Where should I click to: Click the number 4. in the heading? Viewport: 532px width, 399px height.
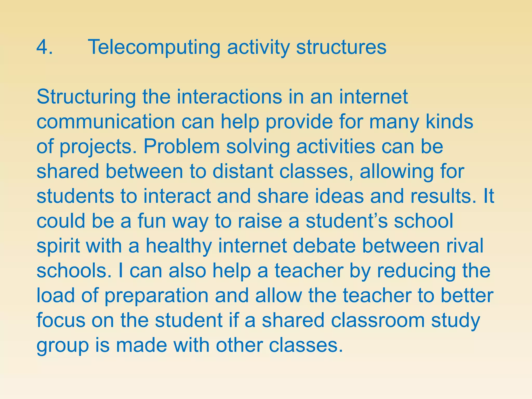pyautogui.click(x=45, y=47)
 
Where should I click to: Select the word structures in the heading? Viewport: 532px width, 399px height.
pyautogui.click(x=341, y=48)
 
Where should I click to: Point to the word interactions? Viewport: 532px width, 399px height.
pyautogui.click(x=230, y=97)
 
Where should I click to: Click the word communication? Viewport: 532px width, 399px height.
pyautogui.click(x=106, y=122)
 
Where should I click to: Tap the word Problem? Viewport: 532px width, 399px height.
pyautogui.click(x=182, y=147)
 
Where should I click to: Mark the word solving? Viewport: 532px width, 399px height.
pyautogui.click(x=258, y=147)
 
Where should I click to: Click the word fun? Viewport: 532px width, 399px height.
pyautogui.click(x=152, y=221)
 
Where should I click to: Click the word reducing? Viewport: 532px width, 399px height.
pyautogui.click(x=416, y=271)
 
